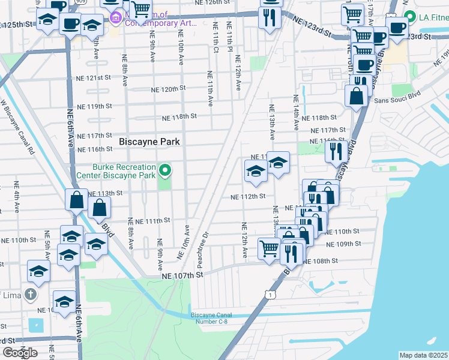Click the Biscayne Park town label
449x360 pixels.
point(149,142)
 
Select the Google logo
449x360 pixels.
point(20,353)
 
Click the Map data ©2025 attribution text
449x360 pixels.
point(424,355)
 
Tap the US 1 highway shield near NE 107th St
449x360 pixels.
point(272,294)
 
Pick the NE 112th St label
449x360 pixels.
point(248,196)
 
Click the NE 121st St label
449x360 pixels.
point(94,78)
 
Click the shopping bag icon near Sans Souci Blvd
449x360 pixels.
point(357,96)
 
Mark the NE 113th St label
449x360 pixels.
point(105,193)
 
